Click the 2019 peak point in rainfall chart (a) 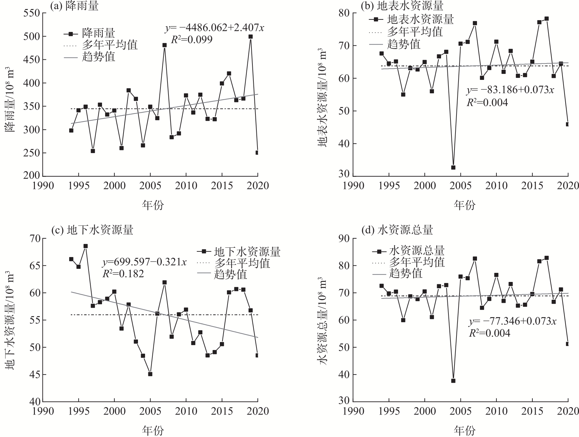[x=250, y=37]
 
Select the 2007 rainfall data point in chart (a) [x=164, y=45]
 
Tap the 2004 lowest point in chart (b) [x=453, y=167]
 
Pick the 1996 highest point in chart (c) [x=86, y=246]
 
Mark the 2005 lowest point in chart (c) [x=150, y=374]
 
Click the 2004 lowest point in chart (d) [x=453, y=381]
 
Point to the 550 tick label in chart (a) [x=32, y=13]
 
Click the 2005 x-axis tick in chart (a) [x=150, y=185]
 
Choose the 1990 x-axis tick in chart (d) [x=353, y=411]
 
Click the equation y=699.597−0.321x [x=145, y=262]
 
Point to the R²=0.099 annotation [x=192, y=40]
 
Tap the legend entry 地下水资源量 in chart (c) [x=247, y=251]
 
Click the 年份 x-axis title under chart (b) [x=465, y=205]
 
